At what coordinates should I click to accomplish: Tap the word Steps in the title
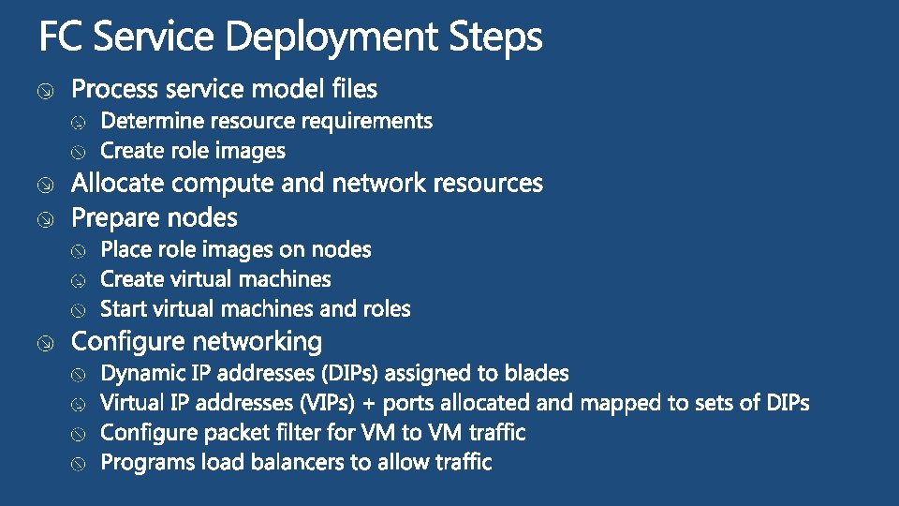pos(495,37)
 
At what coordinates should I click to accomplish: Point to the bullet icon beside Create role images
pos(81,152)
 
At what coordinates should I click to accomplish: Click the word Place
pos(125,249)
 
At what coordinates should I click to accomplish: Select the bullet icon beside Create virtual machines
pos(81,280)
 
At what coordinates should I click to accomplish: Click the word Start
pos(122,308)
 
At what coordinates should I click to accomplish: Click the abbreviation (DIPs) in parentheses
pos(349,374)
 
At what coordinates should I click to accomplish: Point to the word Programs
pos(145,463)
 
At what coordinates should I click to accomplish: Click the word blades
pos(537,373)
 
